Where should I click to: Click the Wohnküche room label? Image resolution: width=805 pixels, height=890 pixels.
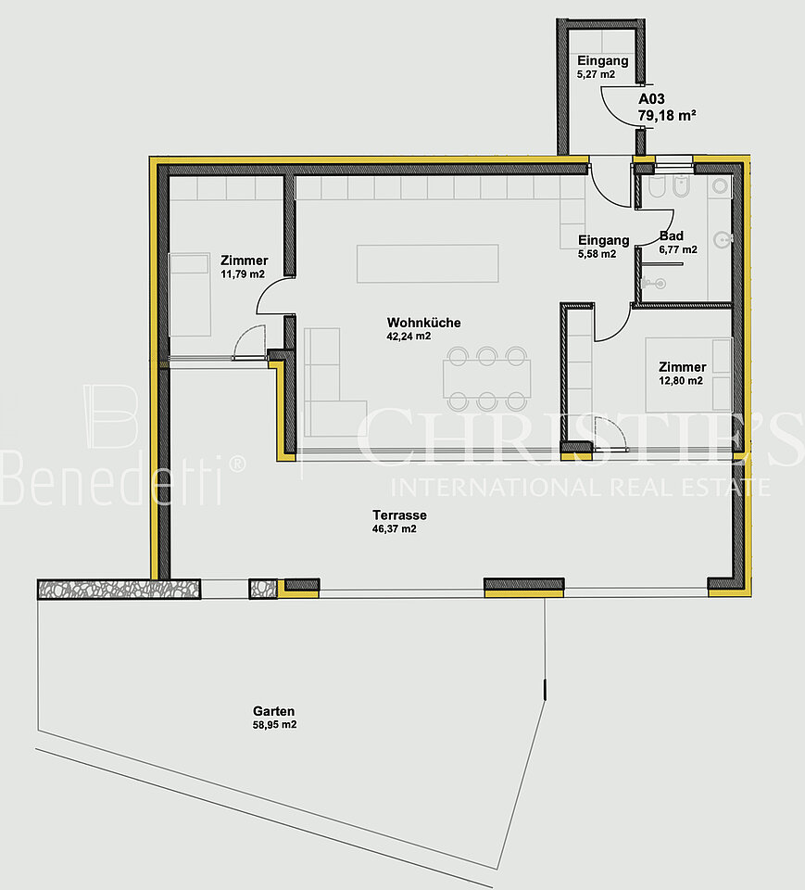pyautogui.click(x=423, y=323)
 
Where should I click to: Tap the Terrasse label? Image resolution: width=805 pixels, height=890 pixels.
pyautogui.click(x=399, y=515)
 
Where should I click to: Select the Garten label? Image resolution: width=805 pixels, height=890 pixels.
pyautogui.click(x=273, y=711)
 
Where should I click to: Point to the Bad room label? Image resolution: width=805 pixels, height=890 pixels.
pyautogui.click(x=671, y=236)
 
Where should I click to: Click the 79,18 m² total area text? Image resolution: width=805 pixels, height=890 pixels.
pyautogui.click(x=667, y=115)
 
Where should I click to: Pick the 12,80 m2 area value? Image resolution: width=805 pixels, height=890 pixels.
pyautogui.click(x=681, y=381)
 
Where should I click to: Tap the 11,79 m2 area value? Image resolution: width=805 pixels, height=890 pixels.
pyautogui.click(x=243, y=274)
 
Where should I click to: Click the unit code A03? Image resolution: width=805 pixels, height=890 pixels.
pyautogui.click(x=651, y=99)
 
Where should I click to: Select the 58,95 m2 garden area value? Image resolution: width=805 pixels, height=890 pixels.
pyautogui.click(x=274, y=725)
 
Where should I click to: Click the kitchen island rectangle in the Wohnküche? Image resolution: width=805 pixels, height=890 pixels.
pyautogui.click(x=428, y=263)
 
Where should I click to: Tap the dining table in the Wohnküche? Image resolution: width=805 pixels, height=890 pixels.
pyautogui.click(x=487, y=378)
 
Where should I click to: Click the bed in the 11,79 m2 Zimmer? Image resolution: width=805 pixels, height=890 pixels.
pyautogui.click(x=190, y=295)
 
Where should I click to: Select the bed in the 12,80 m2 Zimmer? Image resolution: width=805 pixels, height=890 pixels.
pyautogui.click(x=688, y=375)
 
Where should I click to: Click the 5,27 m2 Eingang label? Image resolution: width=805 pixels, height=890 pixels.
pyautogui.click(x=602, y=67)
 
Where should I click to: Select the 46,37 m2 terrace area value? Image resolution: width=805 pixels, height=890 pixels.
pyautogui.click(x=395, y=529)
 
